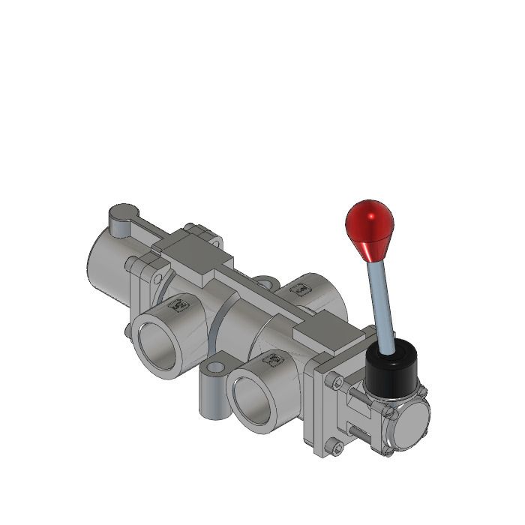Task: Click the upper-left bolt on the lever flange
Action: point(337,382)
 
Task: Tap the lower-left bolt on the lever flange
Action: point(337,448)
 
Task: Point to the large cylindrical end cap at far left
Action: point(105,262)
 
